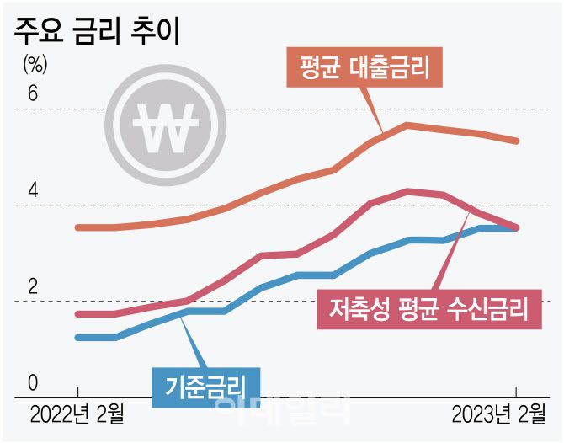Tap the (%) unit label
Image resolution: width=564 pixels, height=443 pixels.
pos(36,63)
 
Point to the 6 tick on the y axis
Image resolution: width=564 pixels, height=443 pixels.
pos(33,93)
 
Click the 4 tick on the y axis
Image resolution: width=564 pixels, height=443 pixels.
pos(33,190)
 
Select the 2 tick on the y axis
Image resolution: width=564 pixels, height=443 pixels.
pos(33,287)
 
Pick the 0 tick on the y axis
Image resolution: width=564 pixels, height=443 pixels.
pos(33,383)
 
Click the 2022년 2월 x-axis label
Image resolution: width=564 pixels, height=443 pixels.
pos(77,414)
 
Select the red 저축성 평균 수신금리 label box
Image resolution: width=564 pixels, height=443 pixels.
pos(428,307)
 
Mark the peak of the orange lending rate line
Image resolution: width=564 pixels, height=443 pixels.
pos(407,125)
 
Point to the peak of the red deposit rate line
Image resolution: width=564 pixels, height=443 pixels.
pos(408,190)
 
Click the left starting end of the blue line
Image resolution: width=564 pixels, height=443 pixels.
pos(77,337)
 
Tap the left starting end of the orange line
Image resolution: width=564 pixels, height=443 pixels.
pos(77,227)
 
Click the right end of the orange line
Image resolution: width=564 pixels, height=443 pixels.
pos(517,141)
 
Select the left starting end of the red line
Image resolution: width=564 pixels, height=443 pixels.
pos(77,314)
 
